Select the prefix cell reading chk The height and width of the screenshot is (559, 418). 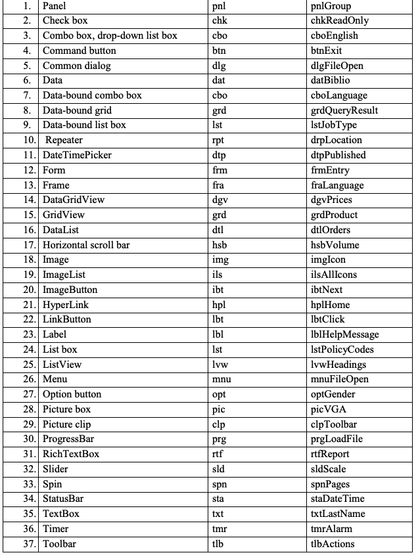(220, 21)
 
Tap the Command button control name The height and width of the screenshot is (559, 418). (79, 51)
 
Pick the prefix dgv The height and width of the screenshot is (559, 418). (221, 200)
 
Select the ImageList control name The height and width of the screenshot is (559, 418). (64, 275)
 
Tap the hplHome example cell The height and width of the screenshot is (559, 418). (330, 305)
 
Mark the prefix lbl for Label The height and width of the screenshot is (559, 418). (219, 335)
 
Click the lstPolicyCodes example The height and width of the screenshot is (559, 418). (342, 350)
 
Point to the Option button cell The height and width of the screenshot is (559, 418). (72, 395)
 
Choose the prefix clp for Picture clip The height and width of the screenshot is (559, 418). (220, 424)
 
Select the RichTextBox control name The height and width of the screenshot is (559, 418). (70, 455)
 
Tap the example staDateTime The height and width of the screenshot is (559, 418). (337, 499)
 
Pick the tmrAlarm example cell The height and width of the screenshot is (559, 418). (332, 529)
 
